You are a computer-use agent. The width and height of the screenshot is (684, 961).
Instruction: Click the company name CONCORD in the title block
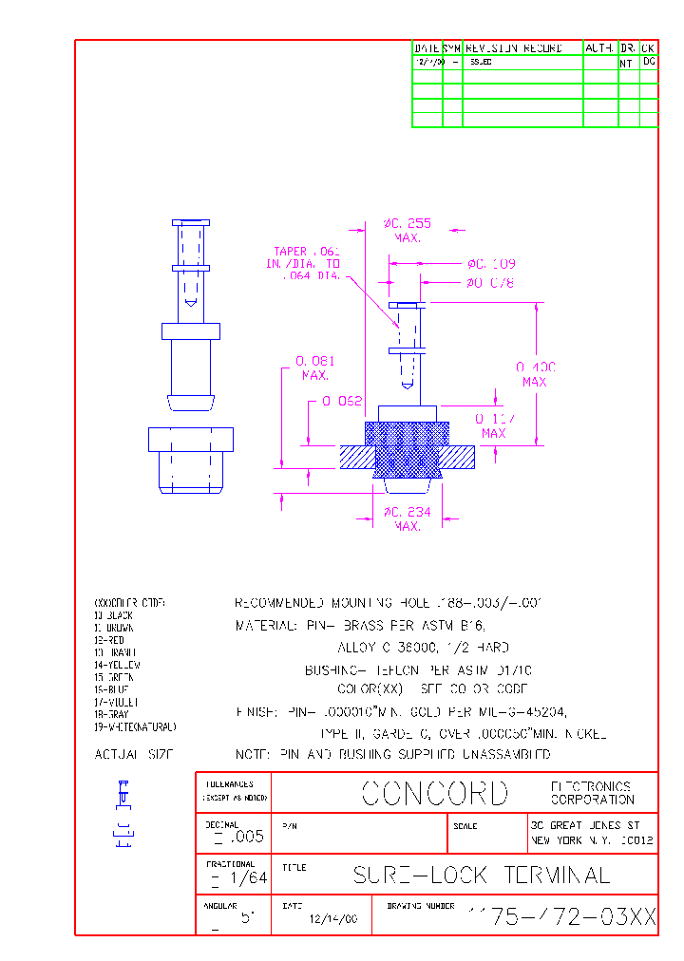[435, 793]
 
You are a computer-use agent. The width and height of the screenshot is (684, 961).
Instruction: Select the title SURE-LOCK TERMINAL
[481, 875]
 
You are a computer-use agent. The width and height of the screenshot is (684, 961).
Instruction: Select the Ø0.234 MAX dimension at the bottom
[408, 518]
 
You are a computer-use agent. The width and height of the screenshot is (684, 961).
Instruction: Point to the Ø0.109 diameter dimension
[490, 264]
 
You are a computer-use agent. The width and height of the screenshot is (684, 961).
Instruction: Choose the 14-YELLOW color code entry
[117, 666]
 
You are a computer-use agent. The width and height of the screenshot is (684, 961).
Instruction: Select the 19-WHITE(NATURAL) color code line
[135, 726]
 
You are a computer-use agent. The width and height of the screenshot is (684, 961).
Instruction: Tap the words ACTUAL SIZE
[134, 754]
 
